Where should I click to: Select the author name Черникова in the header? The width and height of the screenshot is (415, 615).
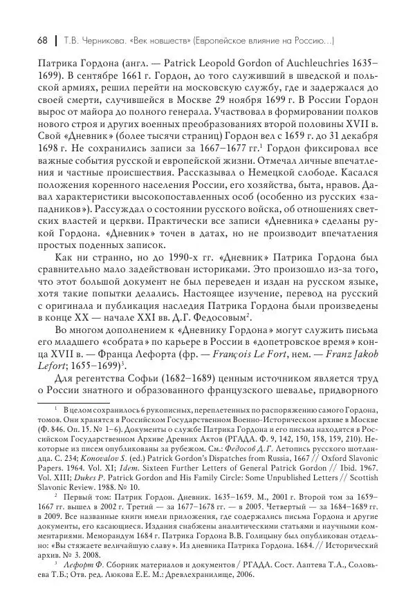[98, 39]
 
